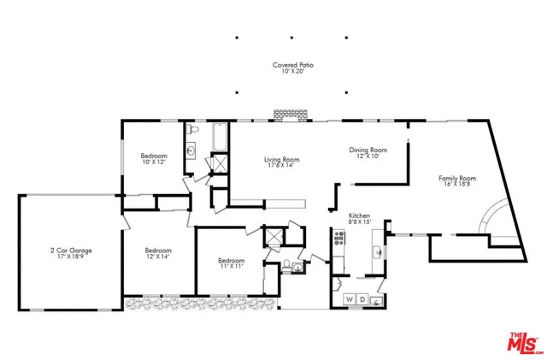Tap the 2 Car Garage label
click(70, 251)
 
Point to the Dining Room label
click(368, 150)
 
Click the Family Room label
click(457, 178)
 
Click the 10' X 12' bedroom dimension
click(154, 162)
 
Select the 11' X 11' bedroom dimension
click(231, 267)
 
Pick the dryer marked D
click(362, 298)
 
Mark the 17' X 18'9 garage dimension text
click(70, 257)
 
